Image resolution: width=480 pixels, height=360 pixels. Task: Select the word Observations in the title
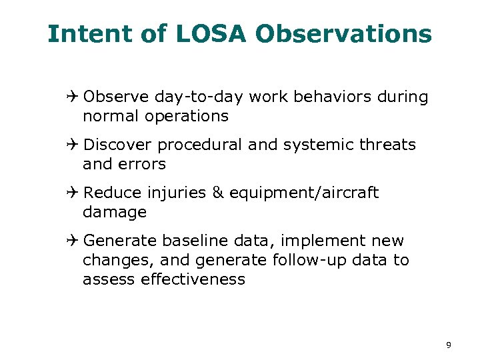click(x=344, y=33)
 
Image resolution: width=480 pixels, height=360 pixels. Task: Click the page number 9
click(x=449, y=345)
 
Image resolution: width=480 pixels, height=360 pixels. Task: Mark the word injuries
click(x=177, y=193)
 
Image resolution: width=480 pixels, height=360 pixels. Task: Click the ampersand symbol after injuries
click(x=218, y=193)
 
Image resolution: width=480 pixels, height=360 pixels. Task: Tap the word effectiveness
click(x=193, y=279)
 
